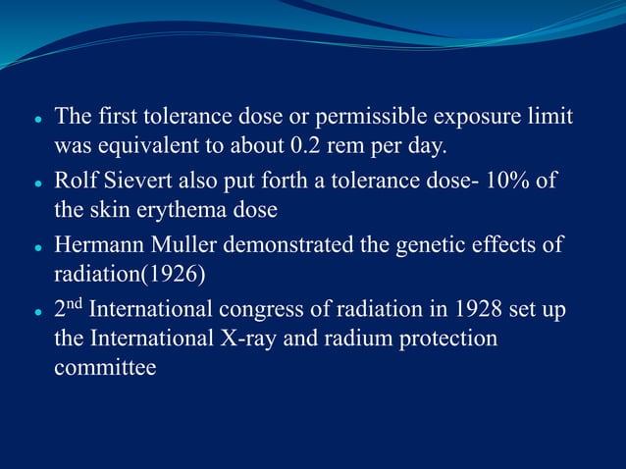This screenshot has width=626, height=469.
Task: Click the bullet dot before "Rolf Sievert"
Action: click(x=36, y=182)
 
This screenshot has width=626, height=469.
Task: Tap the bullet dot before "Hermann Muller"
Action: click(x=36, y=245)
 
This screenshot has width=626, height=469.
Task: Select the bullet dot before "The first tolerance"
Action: click(x=36, y=119)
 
